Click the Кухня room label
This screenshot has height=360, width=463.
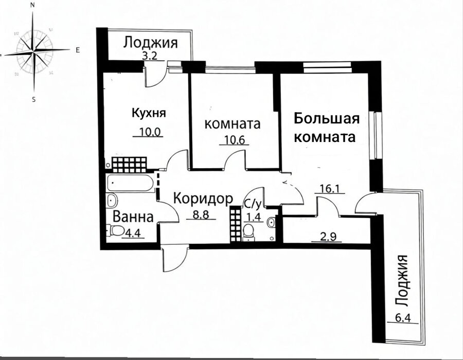click(x=149, y=113)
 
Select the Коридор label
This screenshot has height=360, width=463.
click(x=203, y=199)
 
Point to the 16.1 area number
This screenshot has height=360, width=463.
click(x=330, y=188)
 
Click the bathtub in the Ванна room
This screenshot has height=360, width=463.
click(x=130, y=183)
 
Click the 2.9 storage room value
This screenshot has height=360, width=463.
click(x=328, y=238)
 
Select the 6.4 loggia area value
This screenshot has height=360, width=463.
click(x=402, y=319)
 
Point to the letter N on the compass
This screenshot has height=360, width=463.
click(x=33, y=5)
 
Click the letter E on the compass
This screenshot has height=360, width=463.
click(x=78, y=50)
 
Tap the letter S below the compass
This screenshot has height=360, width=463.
click(x=33, y=100)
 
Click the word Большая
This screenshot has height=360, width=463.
click(x=327, y=119)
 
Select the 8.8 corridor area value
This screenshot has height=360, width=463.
click(x=201, y=214)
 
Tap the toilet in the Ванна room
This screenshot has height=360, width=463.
click(x=116, y=231)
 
